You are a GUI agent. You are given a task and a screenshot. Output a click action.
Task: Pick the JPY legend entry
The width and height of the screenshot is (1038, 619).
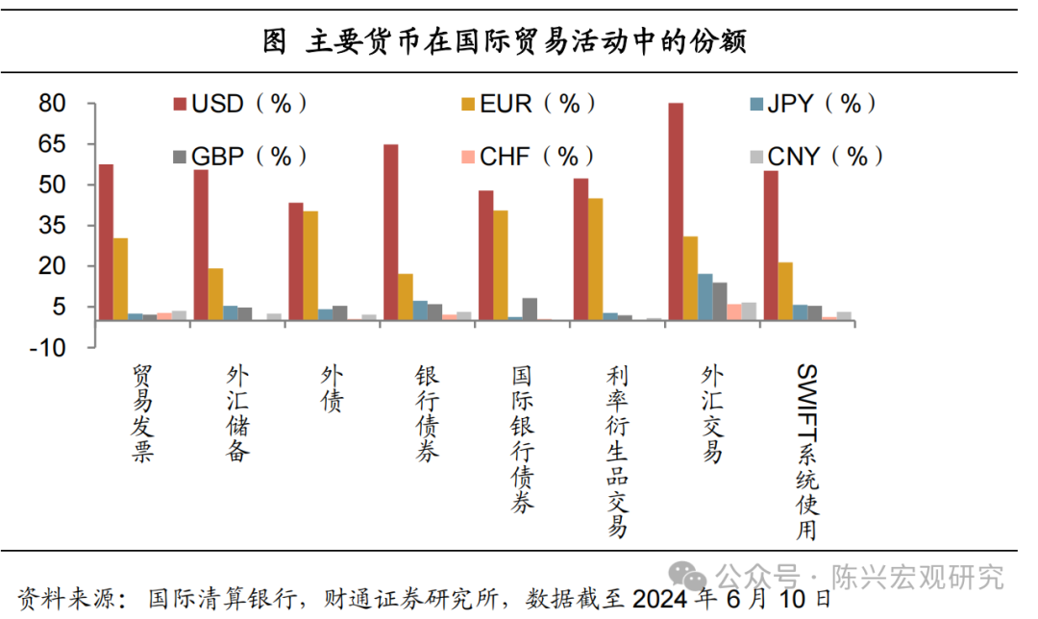[x=812, y=104]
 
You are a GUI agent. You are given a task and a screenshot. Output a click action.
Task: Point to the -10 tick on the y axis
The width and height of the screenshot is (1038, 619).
[x=47, y=348]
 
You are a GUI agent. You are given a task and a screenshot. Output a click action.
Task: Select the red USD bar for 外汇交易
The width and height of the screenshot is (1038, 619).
[x=676, y=211]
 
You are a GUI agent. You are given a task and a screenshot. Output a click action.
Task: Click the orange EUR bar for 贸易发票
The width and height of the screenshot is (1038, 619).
[x=120, y=279]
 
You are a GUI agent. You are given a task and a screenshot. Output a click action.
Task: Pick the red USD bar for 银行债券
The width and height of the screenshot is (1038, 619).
[x=390, y=232]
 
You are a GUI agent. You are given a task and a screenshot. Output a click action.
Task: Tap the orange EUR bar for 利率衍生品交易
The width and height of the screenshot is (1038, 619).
[x=596, y=259]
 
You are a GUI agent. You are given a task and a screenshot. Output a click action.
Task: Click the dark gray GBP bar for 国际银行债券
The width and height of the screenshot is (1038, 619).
[x=530, y=309]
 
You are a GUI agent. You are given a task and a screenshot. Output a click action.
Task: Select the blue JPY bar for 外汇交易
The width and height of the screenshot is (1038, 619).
[x=705, y=296]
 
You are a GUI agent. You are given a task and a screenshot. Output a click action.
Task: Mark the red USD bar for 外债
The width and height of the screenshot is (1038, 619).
[x=296, y=260]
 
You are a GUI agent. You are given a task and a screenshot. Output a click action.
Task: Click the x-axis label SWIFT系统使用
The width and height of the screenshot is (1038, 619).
[x=806, y=452]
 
